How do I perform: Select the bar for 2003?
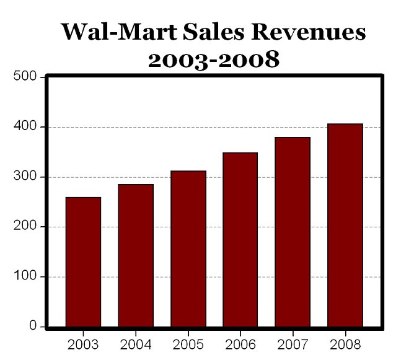83,261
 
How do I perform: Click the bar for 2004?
136,255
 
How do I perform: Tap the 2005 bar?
188,248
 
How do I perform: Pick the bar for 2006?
240,239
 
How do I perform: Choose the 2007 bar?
293,232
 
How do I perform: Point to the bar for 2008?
345,225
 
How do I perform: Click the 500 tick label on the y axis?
27,77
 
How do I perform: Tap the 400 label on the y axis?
27,127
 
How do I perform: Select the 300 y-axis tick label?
27,177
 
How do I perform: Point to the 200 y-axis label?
27,227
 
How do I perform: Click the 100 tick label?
27,277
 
